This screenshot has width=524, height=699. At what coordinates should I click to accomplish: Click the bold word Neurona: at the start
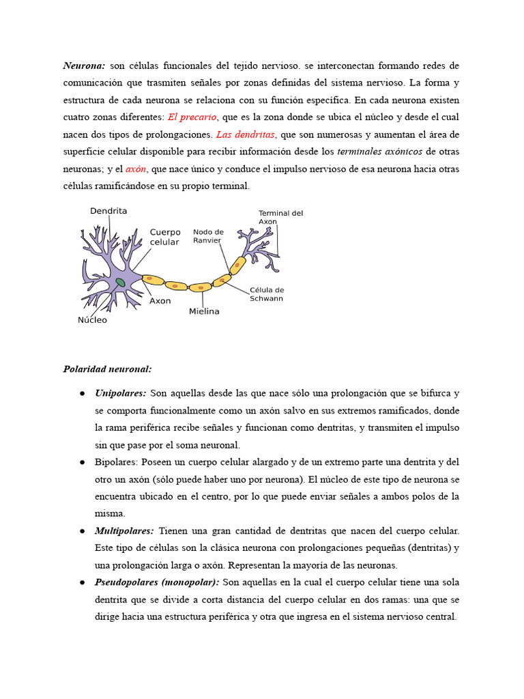pos(84,66)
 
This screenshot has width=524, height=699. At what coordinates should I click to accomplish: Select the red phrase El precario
pos(192,117)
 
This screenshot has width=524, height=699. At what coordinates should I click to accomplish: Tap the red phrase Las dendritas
pos(245,134)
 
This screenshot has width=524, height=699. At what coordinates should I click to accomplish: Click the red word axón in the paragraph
pos(136,169)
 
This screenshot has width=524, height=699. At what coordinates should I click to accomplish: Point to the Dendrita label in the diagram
pos(108,212)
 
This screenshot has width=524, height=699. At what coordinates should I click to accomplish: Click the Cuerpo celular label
pos(165,237)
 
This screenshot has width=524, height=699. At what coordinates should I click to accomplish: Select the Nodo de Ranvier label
pos(208,236)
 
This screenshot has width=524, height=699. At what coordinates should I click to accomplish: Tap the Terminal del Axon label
pos(280,217)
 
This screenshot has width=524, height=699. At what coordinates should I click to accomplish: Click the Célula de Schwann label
pos(267,294)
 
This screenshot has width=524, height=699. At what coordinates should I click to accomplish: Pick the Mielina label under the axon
pos(204,311)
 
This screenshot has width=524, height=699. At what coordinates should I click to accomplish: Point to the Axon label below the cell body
pos(160,301)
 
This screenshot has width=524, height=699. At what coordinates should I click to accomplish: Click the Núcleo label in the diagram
pos(92,319)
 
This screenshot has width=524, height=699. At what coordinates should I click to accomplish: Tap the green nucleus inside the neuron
pos(120,281)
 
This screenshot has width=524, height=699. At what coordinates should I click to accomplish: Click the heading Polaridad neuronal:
pos(107,369)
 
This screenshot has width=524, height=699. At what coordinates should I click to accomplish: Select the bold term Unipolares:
pos(121,394)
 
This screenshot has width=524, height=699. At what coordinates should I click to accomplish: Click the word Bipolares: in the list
pos(117,462)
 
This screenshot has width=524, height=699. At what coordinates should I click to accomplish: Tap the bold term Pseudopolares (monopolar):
pos(157,582)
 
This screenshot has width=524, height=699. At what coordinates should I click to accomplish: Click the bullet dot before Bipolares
pos(82,462)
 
